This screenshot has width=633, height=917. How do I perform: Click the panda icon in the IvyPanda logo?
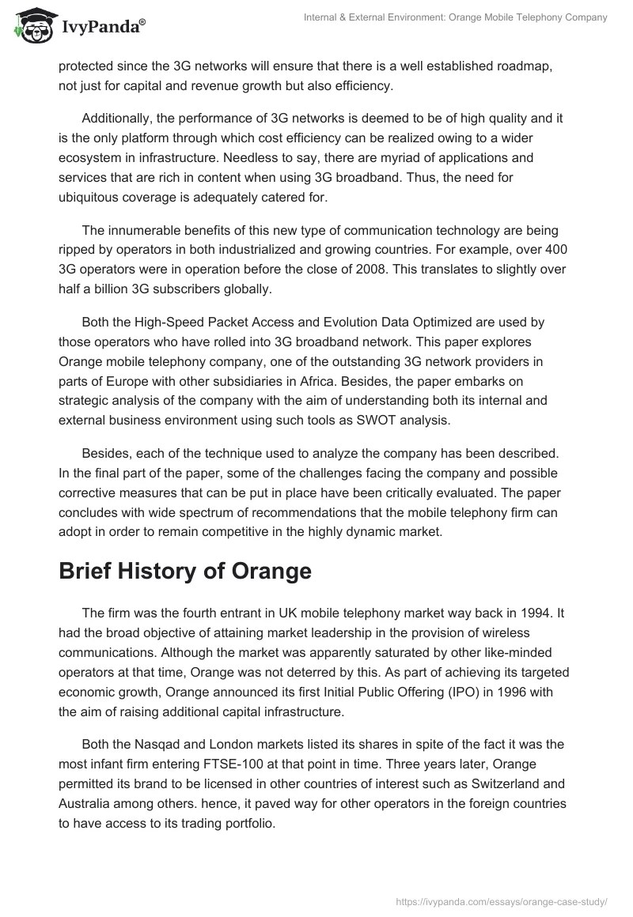(x=30, y=25)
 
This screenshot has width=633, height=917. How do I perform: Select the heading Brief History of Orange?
(x=184, y=572)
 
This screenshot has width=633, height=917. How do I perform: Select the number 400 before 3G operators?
(x=557, y=250)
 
